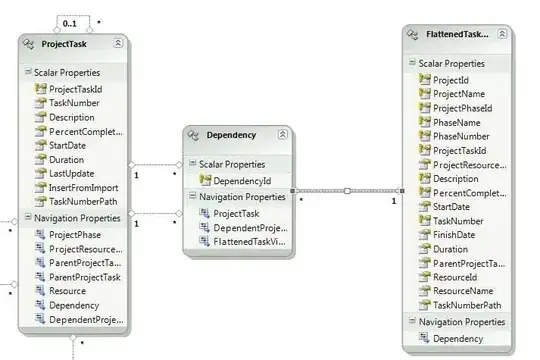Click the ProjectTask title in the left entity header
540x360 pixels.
tap(64, 44)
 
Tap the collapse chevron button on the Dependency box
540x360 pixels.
tap(282, 134)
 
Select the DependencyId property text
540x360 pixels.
tap(242, 181)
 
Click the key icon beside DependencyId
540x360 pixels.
tap(205, 180)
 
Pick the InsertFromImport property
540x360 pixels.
tap(83, 188)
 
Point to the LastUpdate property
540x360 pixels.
tap(71, 174)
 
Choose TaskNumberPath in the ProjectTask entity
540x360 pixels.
tap(83, 202)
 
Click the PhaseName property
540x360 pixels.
tap(456, 123)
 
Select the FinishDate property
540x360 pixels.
tap(454, 235)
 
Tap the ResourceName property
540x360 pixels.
tap(463, 291)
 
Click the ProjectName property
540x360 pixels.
tap(459, 94)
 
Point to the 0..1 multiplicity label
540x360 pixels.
tap(70, 24)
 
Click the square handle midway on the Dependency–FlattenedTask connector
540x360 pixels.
tap(347, 191)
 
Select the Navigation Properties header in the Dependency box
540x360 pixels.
tap(242, 197)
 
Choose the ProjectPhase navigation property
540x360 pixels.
tap(75, 235)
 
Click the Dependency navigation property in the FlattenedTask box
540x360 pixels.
tap(458, 339)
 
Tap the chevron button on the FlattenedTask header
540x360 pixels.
tap(502, 34)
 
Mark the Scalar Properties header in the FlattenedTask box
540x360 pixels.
tap(451, 64)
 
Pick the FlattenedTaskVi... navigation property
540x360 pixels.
tap(249, 242)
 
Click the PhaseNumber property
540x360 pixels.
tap(461, 136)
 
